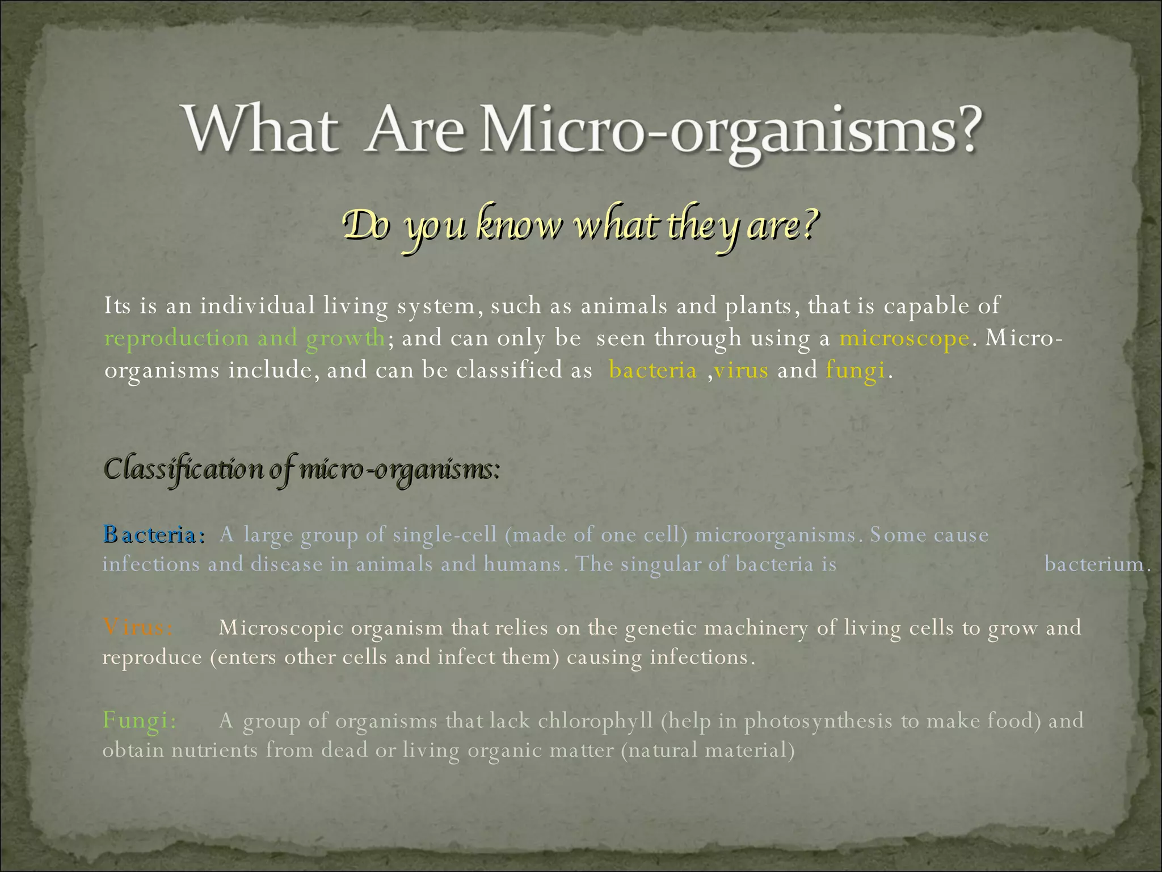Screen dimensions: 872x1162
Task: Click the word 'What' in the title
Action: tap(258, 129)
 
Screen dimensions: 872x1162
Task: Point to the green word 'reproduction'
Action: tap(176, 339)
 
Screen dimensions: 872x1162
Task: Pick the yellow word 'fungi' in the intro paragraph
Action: tap(855, 371)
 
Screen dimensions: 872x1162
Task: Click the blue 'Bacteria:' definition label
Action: tap(153, 535)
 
